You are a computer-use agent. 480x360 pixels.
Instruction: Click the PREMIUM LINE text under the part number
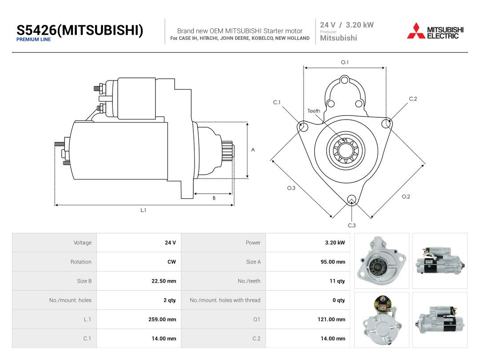pos(33,40)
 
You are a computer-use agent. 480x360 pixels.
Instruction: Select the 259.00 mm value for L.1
pos(162,319)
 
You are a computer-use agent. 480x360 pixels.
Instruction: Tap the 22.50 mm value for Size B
pos(164,281)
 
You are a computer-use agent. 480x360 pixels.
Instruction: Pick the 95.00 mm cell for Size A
pos(333,262)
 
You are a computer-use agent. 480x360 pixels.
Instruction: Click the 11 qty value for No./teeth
pos(337,281)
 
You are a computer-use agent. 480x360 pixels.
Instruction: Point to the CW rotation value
pos(172,262)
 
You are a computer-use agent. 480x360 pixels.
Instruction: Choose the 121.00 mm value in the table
pos(331,319)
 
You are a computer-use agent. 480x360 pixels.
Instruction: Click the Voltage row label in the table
pos(82,243)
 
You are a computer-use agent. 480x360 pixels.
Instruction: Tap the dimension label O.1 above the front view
pos(345,62)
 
